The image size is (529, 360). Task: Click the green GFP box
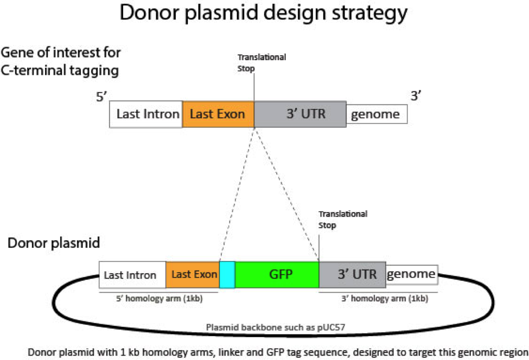[277, 274]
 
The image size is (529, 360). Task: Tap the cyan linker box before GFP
[227, 274]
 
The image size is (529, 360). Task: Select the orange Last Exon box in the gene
[218, 114]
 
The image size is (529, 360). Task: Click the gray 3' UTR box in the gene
[300, 114]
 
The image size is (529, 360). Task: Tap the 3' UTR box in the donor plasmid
[352, 274]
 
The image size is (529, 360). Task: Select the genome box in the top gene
[377, 114]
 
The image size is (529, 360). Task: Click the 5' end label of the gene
[102, 98]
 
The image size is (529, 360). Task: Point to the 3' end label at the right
[416, 97]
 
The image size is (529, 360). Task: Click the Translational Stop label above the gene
[262, 62]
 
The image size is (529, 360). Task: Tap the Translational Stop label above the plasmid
[342, 219]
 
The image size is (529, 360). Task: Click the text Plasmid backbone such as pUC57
[267, 327]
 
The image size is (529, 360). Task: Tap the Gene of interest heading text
[61, 53]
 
